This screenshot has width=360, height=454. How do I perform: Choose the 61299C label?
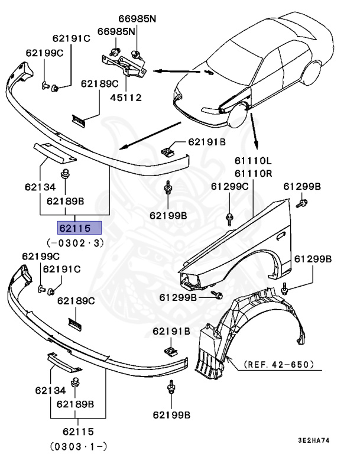[x=230, y=187]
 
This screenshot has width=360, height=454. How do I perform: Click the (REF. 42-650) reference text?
[x=278, y=365]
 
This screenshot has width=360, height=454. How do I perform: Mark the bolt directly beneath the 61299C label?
[x=229, y=219]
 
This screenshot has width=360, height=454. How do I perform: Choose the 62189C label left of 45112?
[x=100, y=84]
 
